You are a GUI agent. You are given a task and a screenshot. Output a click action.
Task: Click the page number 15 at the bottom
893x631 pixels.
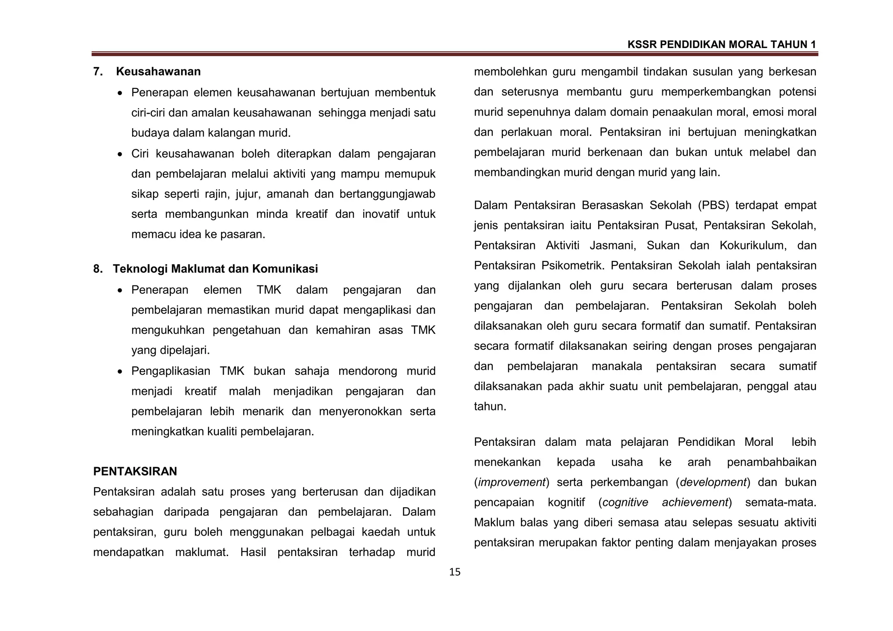point(454,572)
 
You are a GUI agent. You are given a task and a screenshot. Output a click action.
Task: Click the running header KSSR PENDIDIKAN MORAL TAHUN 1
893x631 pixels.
point(721,44)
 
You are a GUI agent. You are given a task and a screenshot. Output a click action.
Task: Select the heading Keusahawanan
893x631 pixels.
point(158,71)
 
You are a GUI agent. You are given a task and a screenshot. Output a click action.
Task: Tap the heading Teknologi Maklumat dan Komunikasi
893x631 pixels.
point(215,269)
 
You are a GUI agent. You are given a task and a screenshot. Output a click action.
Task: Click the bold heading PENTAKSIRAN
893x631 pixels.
point(135,471)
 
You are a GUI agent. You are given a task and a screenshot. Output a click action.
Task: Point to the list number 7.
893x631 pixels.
point(98,71)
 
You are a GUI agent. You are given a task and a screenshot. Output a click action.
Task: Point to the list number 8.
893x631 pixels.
point(98,269)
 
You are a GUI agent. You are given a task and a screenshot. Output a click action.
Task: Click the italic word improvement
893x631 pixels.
point(512,482)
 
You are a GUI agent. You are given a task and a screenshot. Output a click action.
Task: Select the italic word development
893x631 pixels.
point(713,482)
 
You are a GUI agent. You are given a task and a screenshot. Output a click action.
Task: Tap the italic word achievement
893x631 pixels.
point(695,502)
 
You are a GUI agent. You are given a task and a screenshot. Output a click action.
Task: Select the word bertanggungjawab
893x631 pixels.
point(387,194)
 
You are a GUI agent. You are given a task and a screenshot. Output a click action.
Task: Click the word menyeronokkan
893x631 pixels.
point(360,411)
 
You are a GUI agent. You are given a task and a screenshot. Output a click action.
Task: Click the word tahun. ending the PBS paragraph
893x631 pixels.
point(490,407)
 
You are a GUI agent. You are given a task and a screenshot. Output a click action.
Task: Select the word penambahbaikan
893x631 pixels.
point(771,462)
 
